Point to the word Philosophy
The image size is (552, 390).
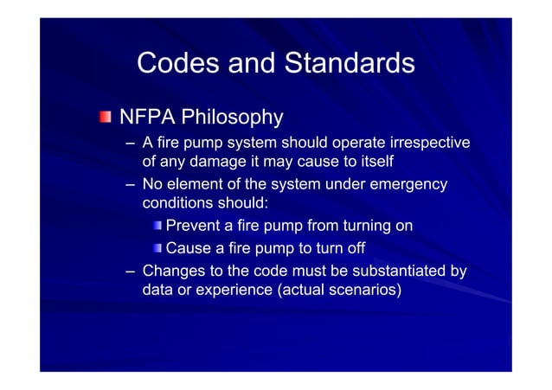(234, 117)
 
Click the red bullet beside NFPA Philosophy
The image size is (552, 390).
(105, 117)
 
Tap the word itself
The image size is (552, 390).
(373, 163)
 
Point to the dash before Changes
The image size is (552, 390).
(129, 272)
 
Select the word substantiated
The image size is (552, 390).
(397, 271)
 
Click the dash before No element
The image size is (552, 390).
(129, 184)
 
